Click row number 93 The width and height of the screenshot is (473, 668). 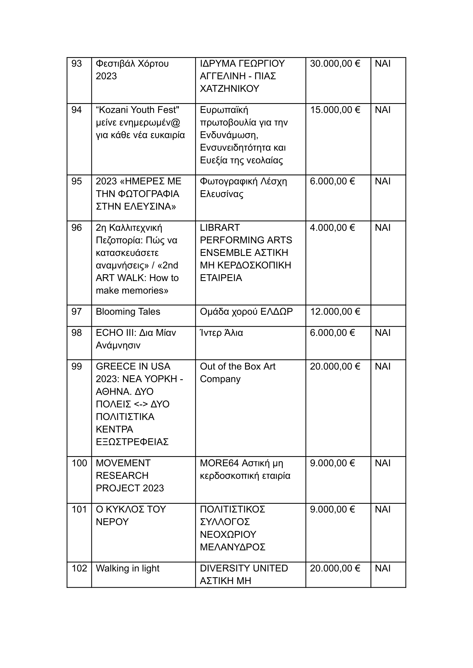pos(77,64)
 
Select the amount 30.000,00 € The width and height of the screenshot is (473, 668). pos(335,64)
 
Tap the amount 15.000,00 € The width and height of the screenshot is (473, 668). pos(335,110)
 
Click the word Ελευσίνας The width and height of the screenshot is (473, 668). pos(221,194)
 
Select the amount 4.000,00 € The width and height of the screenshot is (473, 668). pos(332,228)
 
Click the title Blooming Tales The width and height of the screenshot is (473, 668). pos(128,312)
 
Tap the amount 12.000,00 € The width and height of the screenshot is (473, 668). pos(335,312)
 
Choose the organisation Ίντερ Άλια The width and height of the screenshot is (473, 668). pos(221,333)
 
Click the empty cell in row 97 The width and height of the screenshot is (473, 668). pos(388,316)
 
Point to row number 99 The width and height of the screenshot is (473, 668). pos(77,366)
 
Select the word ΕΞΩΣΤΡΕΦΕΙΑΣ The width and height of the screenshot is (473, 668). pos(132,442)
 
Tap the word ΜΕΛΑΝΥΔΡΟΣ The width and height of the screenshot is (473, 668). pos(233,547)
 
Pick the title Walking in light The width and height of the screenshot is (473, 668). pos(128,568)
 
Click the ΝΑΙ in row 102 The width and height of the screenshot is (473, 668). pos(383,568)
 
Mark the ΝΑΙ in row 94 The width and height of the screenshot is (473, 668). pos(383,110)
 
